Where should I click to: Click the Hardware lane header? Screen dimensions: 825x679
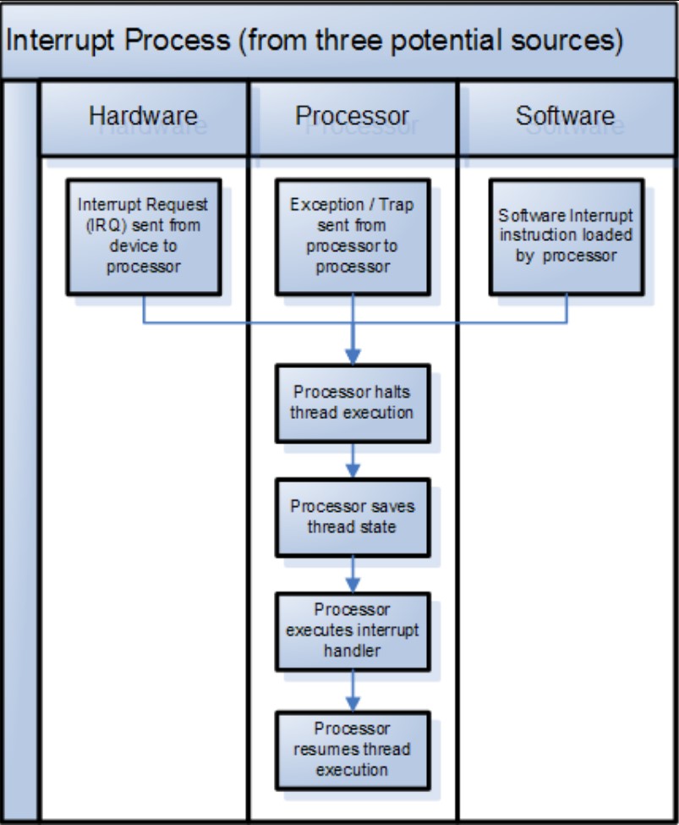coord(143,117)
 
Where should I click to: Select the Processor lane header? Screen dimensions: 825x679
coord(353,117)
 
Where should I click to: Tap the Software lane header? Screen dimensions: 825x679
coord(566,117)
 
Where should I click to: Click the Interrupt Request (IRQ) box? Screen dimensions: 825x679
coord(143,236)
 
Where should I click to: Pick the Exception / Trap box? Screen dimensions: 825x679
coord(353,236)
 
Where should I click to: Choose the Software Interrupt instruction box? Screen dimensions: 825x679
coord(566,236)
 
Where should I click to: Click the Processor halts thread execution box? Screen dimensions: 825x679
coord(353,403)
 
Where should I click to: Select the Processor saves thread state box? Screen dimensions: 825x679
coord(353,516)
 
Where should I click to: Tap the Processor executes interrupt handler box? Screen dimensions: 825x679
coord(353,630)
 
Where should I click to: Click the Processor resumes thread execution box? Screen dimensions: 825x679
coord(353,750)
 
